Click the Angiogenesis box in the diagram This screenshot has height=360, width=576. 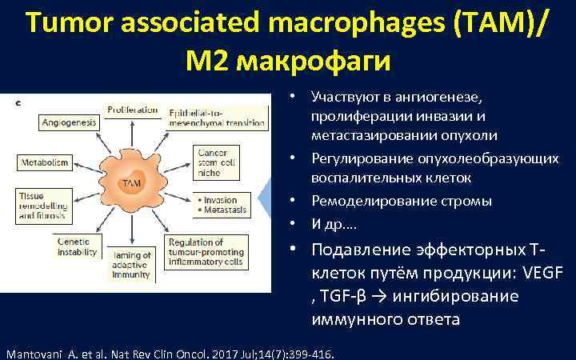(x=69, y=122)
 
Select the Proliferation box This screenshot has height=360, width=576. (x=133, y=110)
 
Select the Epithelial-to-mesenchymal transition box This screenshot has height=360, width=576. (x=211, y=118)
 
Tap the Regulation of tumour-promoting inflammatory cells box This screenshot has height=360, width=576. (x=211, y=251)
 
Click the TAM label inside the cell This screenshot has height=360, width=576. (x=130, y=184)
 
